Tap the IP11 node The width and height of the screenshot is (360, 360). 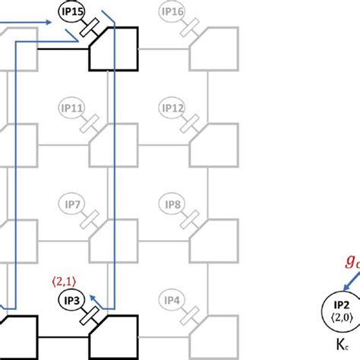pos(72,109)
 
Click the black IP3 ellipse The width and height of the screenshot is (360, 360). pos(72,300)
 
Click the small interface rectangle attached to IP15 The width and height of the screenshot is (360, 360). pos(93,28)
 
